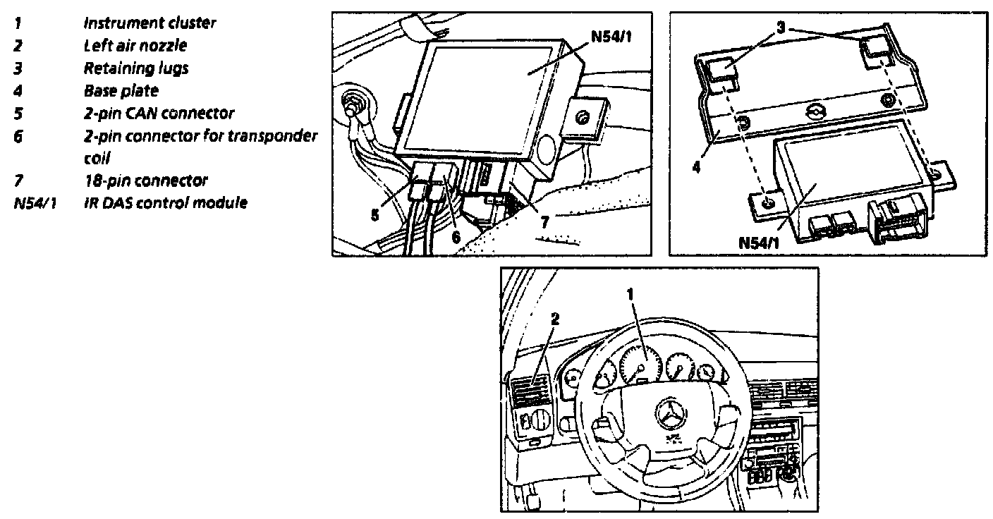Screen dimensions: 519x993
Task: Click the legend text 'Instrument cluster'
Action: [150, 23]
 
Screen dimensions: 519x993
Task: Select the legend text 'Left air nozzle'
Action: [135, 45]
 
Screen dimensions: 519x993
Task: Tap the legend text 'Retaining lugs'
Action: [136, 68]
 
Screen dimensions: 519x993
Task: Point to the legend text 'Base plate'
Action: [121, 90]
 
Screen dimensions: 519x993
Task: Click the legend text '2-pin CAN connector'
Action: [159, 113]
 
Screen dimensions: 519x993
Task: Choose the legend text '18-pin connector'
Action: [145, 181]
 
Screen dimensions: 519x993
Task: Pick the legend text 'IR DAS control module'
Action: [165, 203]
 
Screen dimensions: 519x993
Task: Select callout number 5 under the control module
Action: [376, 213]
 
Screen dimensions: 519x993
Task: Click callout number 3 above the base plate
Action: [781, 28]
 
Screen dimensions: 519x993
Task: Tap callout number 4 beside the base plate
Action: [697, 169]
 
